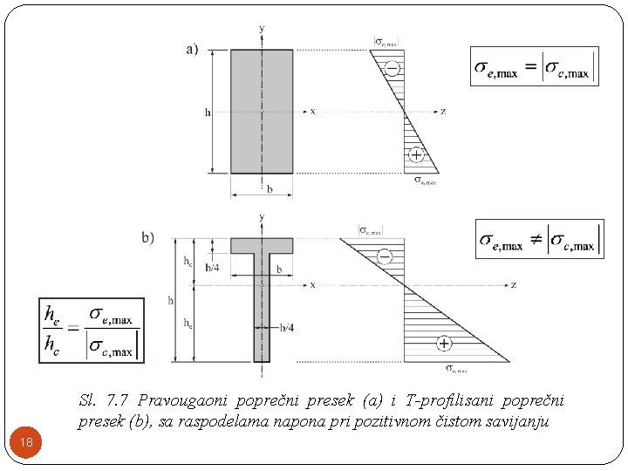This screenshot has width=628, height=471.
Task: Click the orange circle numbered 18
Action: (x=27, y=443)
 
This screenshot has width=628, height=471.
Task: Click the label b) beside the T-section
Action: (x=147, y=237)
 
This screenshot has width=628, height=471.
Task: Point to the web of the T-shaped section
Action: (x=262, y=314)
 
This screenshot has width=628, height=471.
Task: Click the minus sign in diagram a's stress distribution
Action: (x=392, y=68)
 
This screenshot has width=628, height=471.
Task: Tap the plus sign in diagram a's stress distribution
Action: (x=417, y=155)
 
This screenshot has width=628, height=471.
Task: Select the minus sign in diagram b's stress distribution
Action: (x=384, y=256)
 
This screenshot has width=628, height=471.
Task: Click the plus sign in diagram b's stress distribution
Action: (x=444, y=344)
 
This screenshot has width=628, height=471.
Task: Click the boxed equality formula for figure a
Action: (x=534, y=66)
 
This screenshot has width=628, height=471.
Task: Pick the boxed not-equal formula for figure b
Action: (x=539, y=239)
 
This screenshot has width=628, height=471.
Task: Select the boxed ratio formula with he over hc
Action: (x=92, y=331)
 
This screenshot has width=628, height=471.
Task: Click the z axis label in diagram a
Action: (x=444, y=112)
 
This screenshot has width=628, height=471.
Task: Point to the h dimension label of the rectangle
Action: (x=207, y=112)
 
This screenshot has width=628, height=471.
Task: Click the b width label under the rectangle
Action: (x=270, y=188)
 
